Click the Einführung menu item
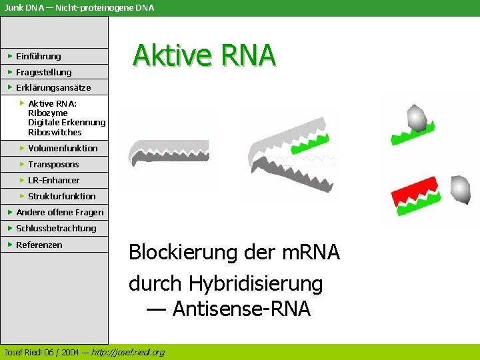click(x=38, y=56)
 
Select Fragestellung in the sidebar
click(x=43, y=72)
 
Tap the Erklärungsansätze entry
click(x=53, y=87)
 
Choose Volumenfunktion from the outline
click(x=63, y=148)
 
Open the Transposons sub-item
click(x=53, y=164)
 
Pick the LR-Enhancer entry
click(x=53, y=180)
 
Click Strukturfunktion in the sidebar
click(x=62, y=196)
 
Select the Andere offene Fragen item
click(x=60, y=212)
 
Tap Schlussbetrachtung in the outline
click(x=56, y=228)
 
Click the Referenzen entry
click(x=39, y=245)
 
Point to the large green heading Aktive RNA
click(x=204, y=55)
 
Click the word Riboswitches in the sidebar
click(x=55, y=132)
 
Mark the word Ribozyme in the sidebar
click(x=47, y=113)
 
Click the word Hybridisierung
click(x=255, y=283)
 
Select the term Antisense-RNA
click(x=241, y=309)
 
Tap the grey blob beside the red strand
click(x=460, y=189)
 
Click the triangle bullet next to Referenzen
click(x=10, y=245)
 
